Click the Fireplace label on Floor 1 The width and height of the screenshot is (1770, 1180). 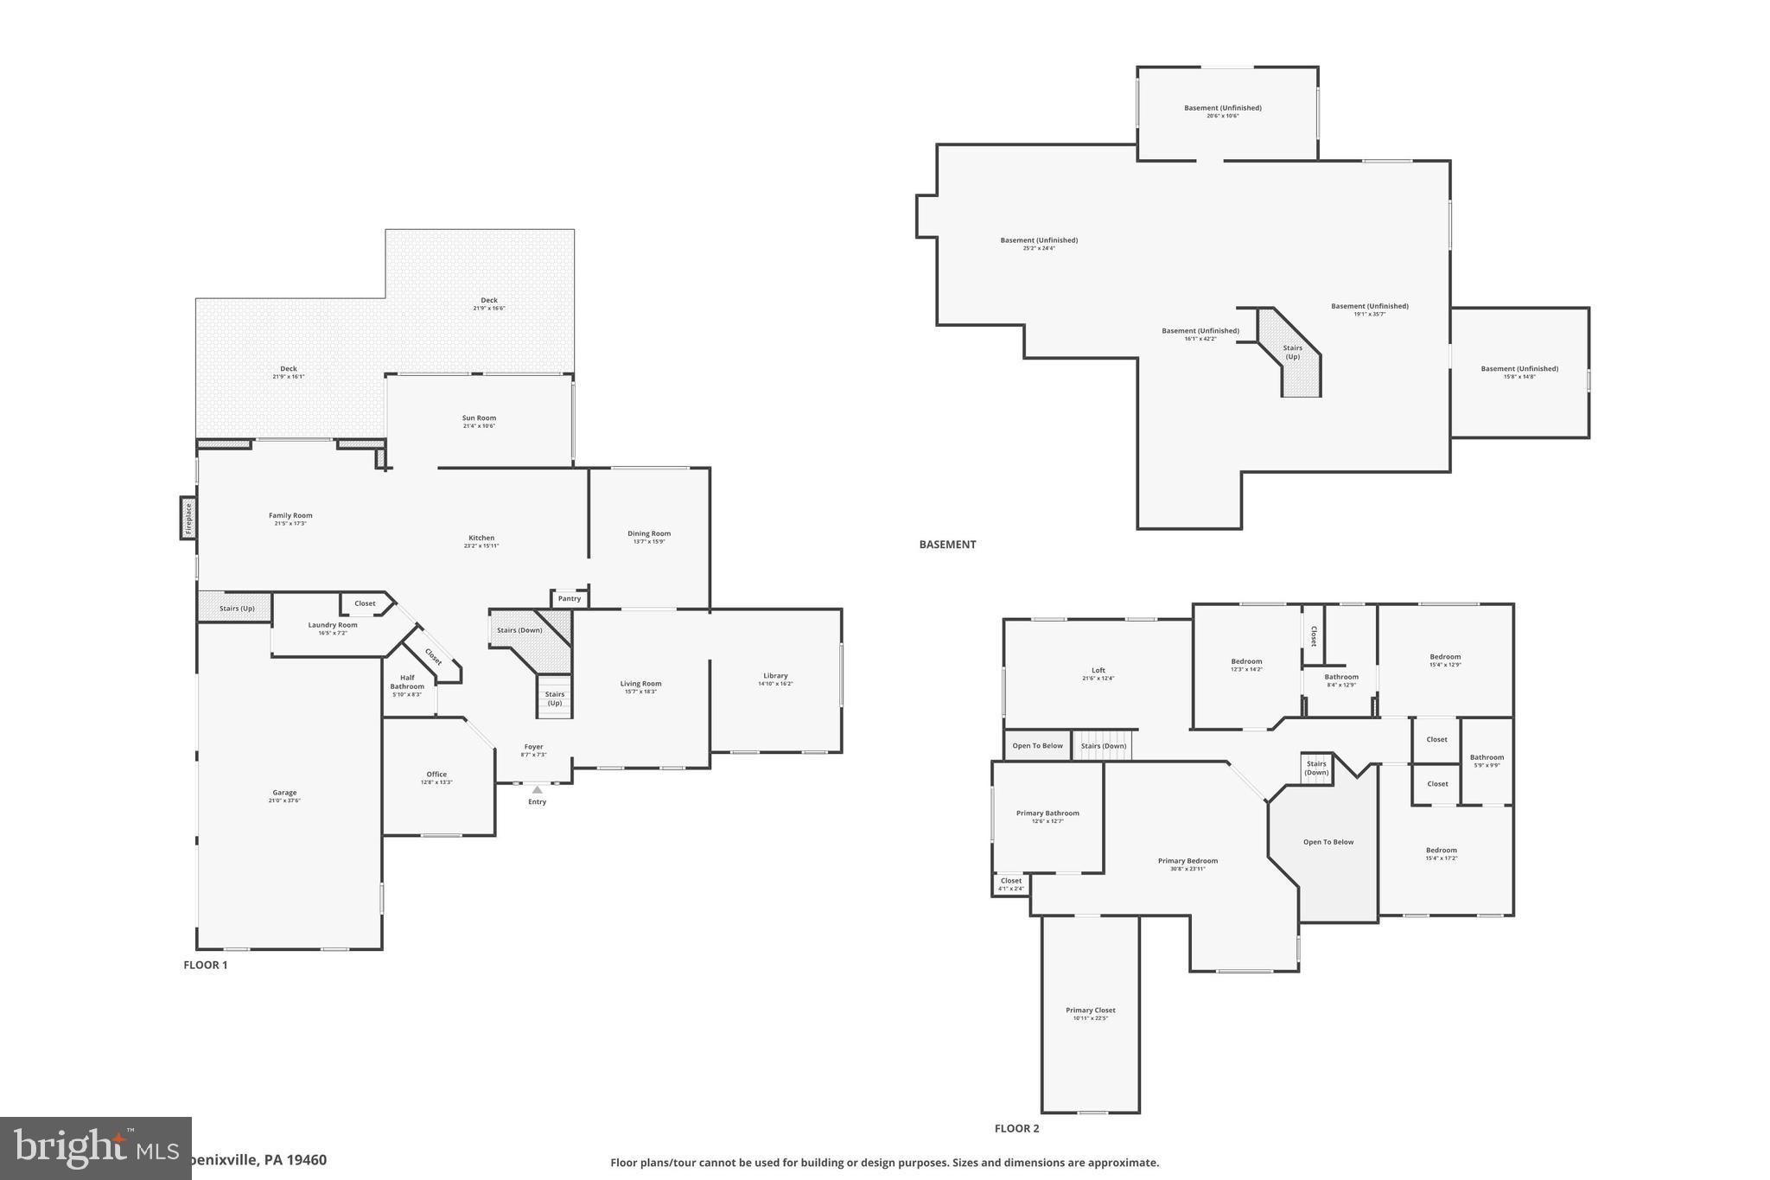pyautogui.click(x=188, y=518)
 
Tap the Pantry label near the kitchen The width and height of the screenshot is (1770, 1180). pyautogui.click(x=570, y=598)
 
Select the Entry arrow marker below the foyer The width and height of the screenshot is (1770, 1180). pyautogui.click(x=538, y=789)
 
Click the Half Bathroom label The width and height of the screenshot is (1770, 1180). pyautogui.click(x=407, y=682)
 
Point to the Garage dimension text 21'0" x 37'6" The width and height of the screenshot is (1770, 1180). pyautogui.click(x=284, y=800)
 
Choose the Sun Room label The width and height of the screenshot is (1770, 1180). pyautogui.click(x=479, y=418)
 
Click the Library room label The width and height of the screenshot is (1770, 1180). pyautogui.click(x=775, y=675)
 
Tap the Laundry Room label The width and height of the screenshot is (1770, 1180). pyautogui.click(x=333, y=625)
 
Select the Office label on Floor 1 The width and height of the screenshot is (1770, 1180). pyautogui.click(x=436, y=774)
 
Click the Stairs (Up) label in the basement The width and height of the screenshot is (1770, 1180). pyautogui.click(x=1292, y=353)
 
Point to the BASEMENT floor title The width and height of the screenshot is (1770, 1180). pyautogui.click(x=947, y=545)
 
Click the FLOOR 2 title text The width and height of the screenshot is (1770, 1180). pyautogui.click(x=1016, y=1128)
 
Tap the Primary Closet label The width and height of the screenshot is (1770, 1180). pyautogui.click(x=1090, y=1010)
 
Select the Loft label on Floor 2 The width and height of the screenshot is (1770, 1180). pyautogui.click(x=1098, y=670)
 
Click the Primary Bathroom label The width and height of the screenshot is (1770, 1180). pyautogui.click(x=1047, y=813)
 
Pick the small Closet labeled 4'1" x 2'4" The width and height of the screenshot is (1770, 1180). pyautogui.click(x=1010, y=883)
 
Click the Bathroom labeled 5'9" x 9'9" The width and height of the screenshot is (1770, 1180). pyautogui.click(x=1487, y=760)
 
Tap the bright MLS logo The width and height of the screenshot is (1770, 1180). pyautogui.click(x=95, y=1148)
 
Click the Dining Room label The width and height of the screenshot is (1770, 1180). pyautogui.click(x=649, y=533)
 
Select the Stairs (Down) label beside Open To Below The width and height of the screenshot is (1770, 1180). pyautogui.click(x=1103, y=745)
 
